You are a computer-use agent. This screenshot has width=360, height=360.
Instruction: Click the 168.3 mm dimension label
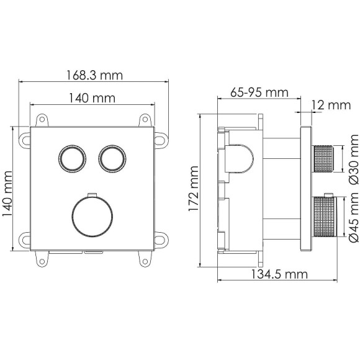pyautogui.click(x=94, y=74)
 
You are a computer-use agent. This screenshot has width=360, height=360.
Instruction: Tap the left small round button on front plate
pyautogui.click(x=71, y=159)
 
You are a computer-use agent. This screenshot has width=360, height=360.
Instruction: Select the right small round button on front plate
pyautogui.click(x=110, y=159)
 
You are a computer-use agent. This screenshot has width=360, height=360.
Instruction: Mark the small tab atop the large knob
pyautogui.click(x=91, y=194)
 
